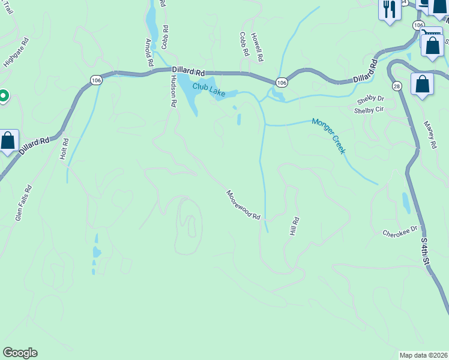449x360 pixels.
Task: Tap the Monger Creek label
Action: (328, 136)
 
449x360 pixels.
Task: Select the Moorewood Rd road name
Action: (243, 205)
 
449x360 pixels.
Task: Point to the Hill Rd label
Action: (294, 226)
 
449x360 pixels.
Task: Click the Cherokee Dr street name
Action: (399, 232)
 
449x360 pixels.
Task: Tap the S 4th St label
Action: (425, 251)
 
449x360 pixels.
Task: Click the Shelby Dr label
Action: (370, 100)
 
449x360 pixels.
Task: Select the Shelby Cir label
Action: (369, 110)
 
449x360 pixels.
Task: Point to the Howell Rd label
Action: (258, 48)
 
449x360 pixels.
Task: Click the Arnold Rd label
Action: (149, 52)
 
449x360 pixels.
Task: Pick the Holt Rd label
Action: (65, 149)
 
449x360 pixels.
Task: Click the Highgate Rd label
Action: (16, 53)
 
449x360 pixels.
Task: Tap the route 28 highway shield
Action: (397, 86)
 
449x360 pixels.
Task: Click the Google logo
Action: (20, 353)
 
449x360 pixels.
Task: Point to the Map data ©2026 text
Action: (423, 355)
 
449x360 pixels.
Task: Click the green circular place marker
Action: (2, 96)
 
